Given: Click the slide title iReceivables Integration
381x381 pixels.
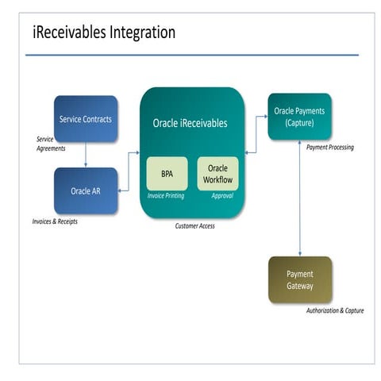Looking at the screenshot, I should pyautogui.click(x=103, y=33).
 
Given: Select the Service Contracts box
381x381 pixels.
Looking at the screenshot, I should pyautogui.click(x=86, y=120).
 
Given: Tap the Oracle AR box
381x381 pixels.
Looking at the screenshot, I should pyautogui.click(x=86, y=190).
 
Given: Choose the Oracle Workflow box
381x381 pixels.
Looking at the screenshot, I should pyautogui.click(x=217, y=174).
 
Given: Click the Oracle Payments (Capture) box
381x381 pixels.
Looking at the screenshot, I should pyautogui.click(x=299, y=117).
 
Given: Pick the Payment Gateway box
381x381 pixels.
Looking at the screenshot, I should pyautogui.click(x=300, y=279).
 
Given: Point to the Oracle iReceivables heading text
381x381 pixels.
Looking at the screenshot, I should pyautogui.click(x=190, y=123).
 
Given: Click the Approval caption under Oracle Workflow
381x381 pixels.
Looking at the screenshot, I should pyautogui.click(x=222, y=195).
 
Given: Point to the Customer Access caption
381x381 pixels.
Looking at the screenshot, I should pyautogui.click(x=194, y=226).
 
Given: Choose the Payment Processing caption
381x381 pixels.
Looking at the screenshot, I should pyautogui.click(x=330, y=148).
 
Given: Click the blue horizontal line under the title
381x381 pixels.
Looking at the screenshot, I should pyautogui.click(x=191, y=55).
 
